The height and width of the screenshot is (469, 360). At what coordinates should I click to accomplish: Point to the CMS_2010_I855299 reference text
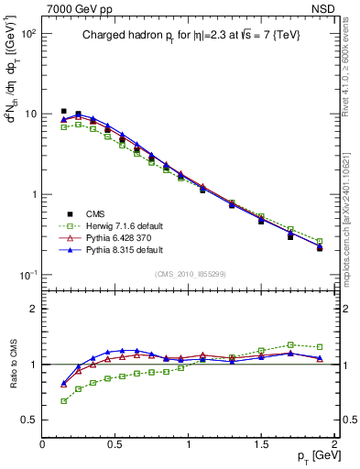point(190,274)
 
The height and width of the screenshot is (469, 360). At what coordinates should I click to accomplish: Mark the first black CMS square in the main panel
point(63,111)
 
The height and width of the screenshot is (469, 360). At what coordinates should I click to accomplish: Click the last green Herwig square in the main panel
point(319,241)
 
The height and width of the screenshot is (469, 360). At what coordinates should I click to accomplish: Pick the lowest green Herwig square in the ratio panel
point(63,400)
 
